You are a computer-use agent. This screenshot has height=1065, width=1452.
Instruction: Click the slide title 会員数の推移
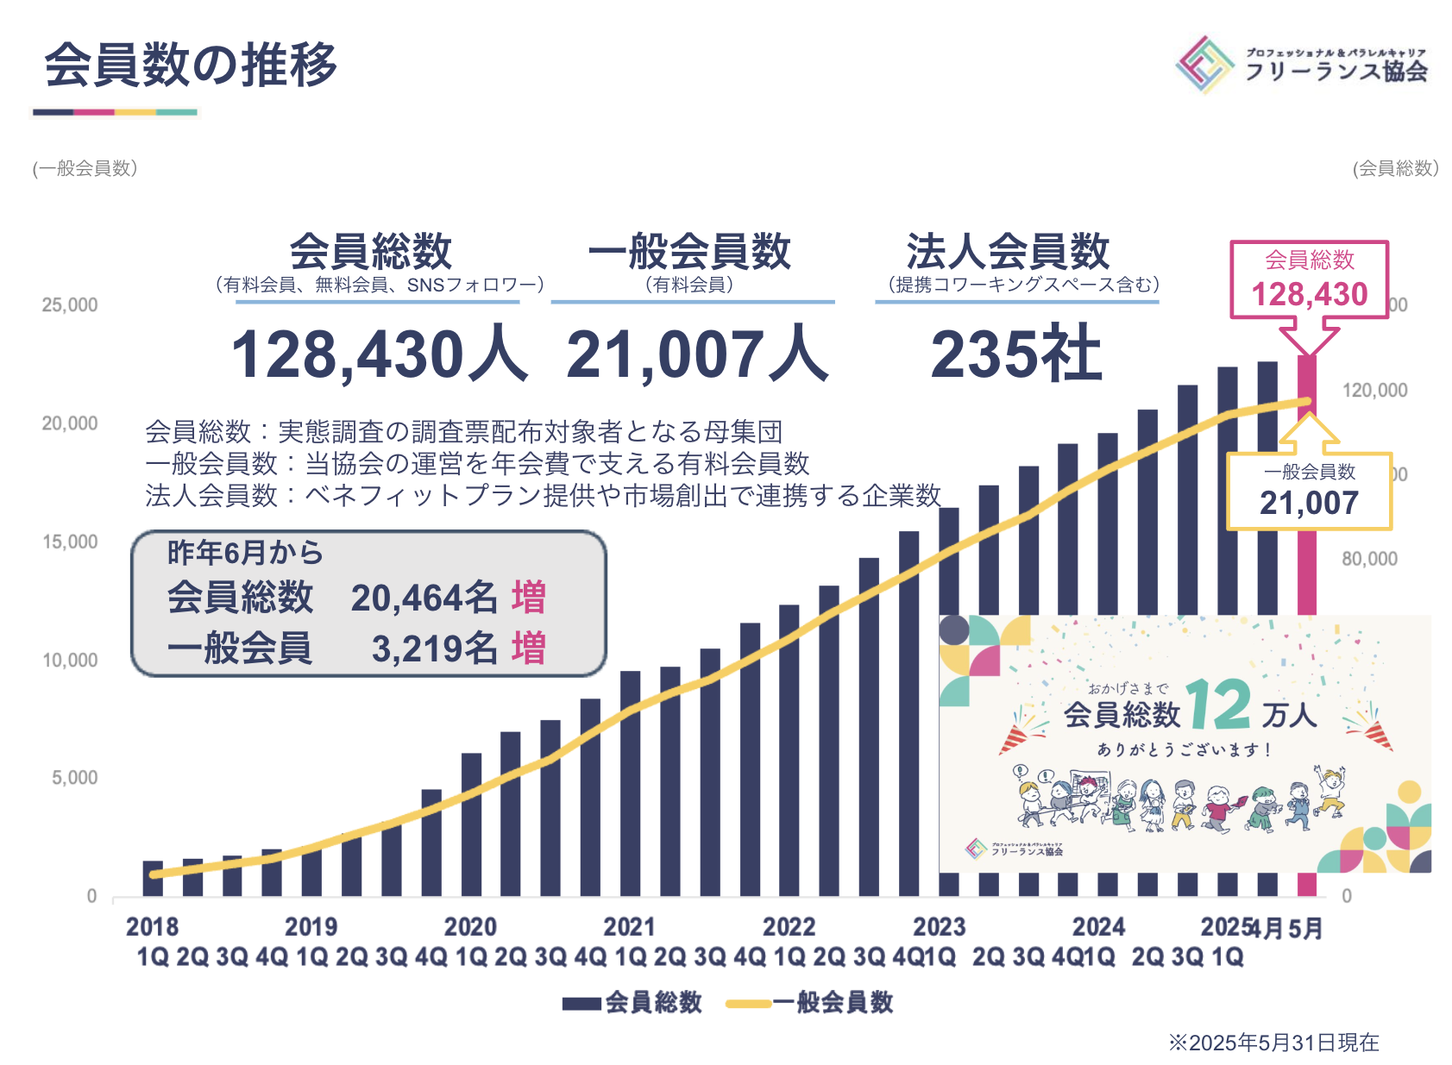coord(190,66)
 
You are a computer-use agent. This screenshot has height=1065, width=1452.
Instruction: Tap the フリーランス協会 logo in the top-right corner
coord(1301,64)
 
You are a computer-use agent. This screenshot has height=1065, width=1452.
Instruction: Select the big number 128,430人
coord(378,354)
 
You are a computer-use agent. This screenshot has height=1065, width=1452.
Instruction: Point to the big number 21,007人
coord(696,354)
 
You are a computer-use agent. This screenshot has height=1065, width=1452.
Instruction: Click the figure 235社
coord(1015,354)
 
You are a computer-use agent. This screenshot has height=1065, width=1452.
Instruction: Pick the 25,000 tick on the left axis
coord(70,305)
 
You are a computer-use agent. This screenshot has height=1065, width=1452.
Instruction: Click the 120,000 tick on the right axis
coord(1374,391)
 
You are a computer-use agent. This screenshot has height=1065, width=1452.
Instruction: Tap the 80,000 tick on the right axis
coord(1369,559)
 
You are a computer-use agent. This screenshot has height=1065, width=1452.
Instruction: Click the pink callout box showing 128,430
coord(1309,279)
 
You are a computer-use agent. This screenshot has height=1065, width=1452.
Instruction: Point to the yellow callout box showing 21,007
coord(1309,491)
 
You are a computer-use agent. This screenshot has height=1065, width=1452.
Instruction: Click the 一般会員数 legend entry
coord(810,1002)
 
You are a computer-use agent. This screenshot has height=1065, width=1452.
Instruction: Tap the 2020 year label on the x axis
coord(470,927)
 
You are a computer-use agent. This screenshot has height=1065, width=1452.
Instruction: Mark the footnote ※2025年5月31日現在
coord(1273,1043)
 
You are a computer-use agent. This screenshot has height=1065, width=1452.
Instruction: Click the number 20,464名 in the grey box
coord(424,598)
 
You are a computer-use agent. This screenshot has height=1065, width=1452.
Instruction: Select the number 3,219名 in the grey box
coord(434,649)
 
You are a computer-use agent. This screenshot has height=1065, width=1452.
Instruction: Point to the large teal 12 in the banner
coord(1218,706)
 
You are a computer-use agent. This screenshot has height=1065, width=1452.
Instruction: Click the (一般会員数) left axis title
coord(85,168)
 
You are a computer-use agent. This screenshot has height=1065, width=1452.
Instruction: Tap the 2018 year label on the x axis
coord(152,927)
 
